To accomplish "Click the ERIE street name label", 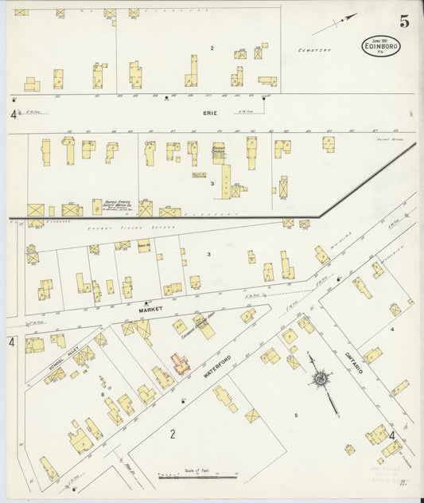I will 208,114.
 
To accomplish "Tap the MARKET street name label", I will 150,308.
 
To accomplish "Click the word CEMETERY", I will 315,50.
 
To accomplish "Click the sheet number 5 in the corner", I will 405,21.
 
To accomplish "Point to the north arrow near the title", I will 333,23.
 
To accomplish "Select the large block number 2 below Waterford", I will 172,434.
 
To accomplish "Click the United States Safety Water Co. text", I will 119,206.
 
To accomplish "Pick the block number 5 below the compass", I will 296,415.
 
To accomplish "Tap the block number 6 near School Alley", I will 102,395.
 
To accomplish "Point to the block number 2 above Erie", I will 212,49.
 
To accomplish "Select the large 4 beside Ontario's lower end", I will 392,435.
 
